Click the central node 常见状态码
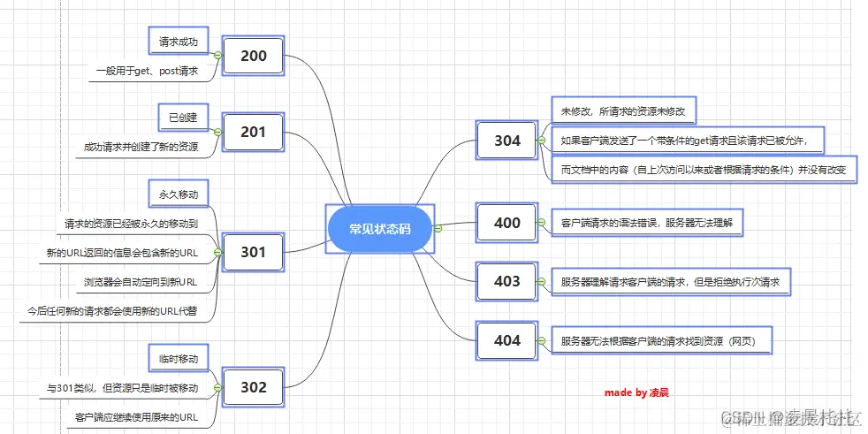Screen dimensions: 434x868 [x=379, y=228]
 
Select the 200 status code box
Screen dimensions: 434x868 [x=253, y=57]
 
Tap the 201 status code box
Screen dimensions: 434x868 [x=253, y=133]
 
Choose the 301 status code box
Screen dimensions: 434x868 [x=253, y=252]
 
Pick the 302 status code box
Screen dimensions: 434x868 [x=253, y=386]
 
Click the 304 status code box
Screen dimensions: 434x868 [x=506, y=141]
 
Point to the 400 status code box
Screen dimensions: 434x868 [x=506, y=223]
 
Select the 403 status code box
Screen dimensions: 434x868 [x=506, y=282]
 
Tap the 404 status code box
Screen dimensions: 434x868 [x=506, y=340]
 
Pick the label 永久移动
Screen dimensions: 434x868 [x=179, y=194]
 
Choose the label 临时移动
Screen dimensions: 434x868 [x=179, y=359]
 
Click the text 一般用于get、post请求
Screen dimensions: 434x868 [x=148, y=71]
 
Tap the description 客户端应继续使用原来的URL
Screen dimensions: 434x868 [x=136, y=416]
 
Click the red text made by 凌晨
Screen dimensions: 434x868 [x=636, y=392]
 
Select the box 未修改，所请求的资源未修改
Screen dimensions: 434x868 [x=624, y=112]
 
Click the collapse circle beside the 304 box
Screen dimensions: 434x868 [x=538, y=141]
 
